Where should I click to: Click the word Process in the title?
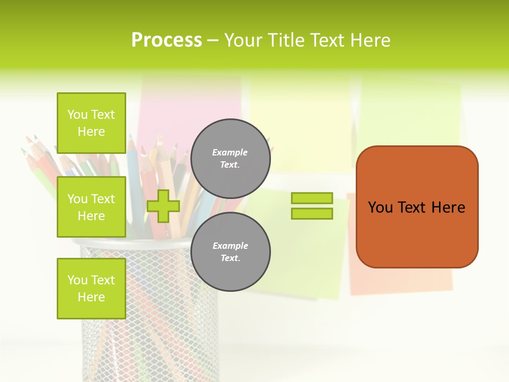[x=166, y=40]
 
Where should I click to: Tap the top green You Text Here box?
[x=91, y=123]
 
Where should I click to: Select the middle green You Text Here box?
[x=91, y=207]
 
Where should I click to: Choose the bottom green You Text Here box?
[x=91, y=289]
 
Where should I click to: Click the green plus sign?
[x=163, y=206]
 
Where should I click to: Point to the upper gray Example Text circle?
[x=230, y=158]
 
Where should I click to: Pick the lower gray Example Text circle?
[x=230, y=251]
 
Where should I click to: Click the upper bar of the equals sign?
[x=312, y=198]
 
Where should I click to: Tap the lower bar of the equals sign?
[x=312, y=213]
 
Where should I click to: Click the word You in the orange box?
[x=380, y=207]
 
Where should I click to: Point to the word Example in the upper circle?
[x=230, y=152]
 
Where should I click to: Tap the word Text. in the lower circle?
[x=230, y=258]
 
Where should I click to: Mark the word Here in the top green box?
[x=91, y=132]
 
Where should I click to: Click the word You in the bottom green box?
[x=77, y=280]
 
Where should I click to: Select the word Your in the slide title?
[x=243, y=40]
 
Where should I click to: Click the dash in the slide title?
[x=213, y=41]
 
